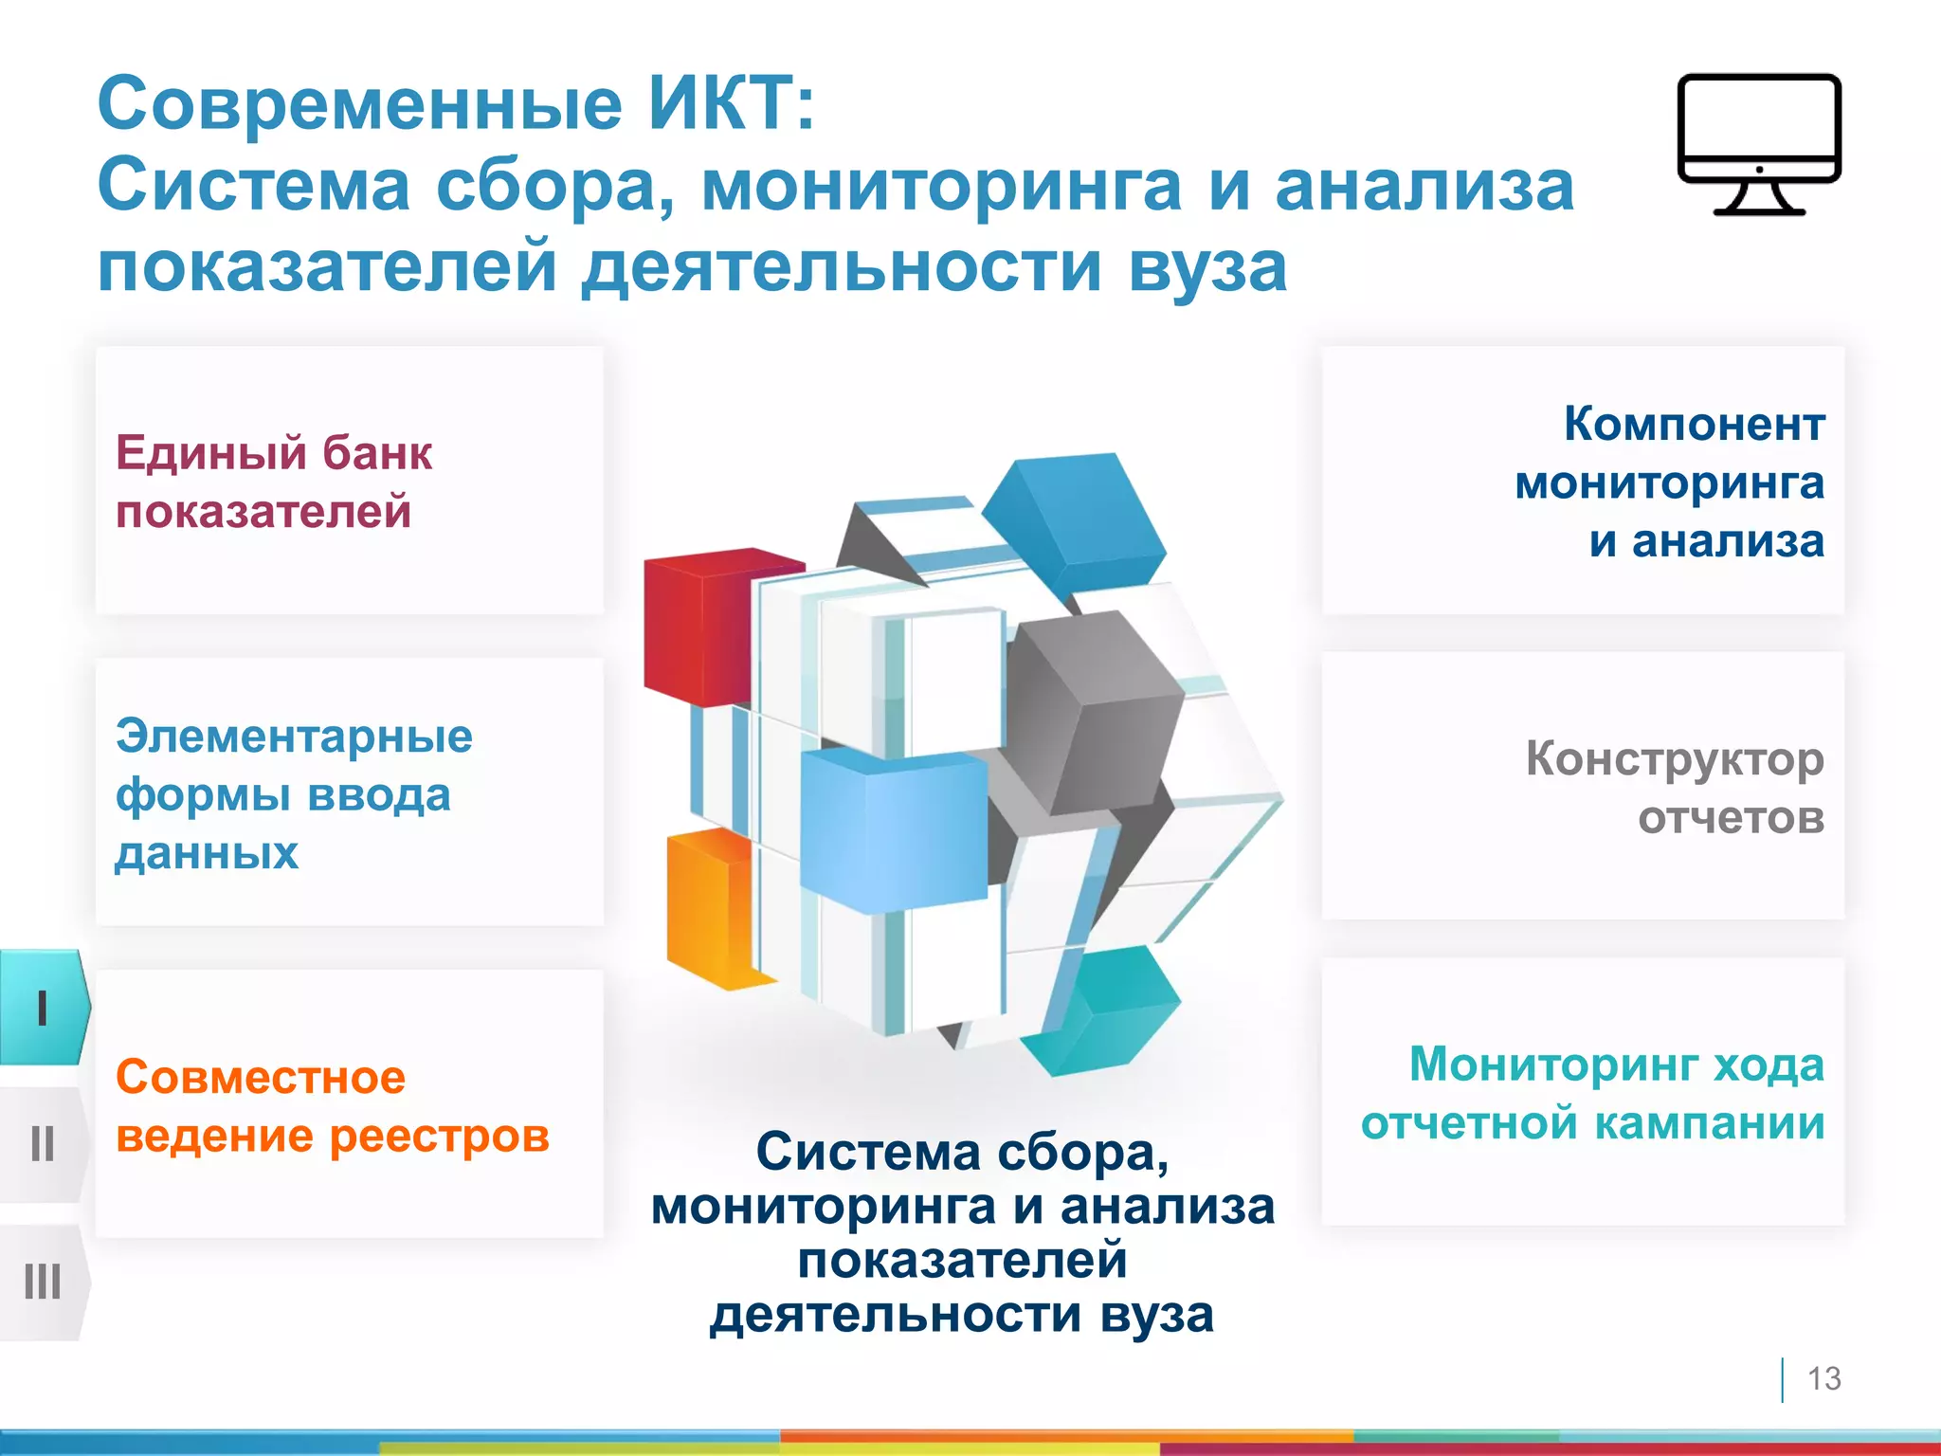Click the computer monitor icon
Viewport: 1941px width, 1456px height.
click(1758, 142)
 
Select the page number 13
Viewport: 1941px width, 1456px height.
click(1823, 1378)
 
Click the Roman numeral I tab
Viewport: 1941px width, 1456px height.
click(43, 1008)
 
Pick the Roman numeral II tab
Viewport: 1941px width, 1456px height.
click(43, 1144)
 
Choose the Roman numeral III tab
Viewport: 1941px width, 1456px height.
click(43, 1282)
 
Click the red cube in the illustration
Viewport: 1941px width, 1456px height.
click(701, 626)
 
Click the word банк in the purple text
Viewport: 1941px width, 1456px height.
click(376, 453)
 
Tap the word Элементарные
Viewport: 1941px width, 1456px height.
click(294, 736)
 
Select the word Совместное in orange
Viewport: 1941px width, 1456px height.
click(261, 1077)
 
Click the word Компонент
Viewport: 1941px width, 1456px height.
click(1694, 424)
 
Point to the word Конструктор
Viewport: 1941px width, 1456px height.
click(1674, 758)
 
